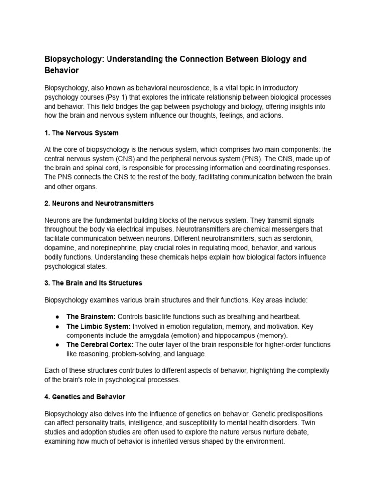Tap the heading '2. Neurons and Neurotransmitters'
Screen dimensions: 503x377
99,203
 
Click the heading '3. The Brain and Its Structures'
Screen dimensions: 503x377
93,283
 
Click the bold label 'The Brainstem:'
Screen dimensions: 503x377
91,316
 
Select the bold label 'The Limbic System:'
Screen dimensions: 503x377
98,326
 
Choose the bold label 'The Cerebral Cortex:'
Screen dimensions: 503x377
100,345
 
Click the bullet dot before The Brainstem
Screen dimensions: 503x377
58,316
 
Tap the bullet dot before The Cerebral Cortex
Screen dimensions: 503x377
58,345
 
